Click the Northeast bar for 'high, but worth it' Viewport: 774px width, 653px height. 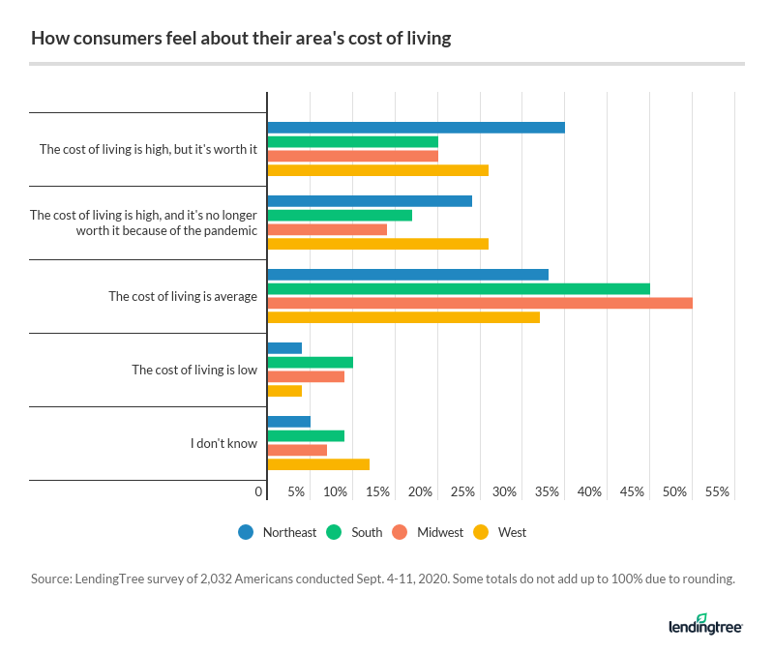(x=416, y=128)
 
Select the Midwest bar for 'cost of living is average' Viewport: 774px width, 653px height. (x=480, y=303)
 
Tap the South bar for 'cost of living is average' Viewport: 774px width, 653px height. (x=459, y=288)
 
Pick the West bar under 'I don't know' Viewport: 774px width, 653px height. (x=318, y=464)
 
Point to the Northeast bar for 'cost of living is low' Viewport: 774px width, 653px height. (x=284, y=347)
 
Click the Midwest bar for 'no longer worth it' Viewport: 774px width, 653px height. (x=327, y=229)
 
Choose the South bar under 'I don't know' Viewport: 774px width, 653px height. (x=306, y=435)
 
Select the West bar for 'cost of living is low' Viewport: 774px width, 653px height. (x=284, y=391)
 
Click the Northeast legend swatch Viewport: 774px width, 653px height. (x=246, y=532)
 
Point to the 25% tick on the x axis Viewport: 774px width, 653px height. (x=462, y=492)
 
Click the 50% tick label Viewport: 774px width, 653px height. (x=675, y=492)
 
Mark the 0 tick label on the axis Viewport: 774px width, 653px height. (x=258, y=492)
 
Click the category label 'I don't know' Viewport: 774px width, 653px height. (x=223, y=443)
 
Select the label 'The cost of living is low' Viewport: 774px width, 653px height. (x=194, y=370)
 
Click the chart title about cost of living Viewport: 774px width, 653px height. (x=241, y=40)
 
